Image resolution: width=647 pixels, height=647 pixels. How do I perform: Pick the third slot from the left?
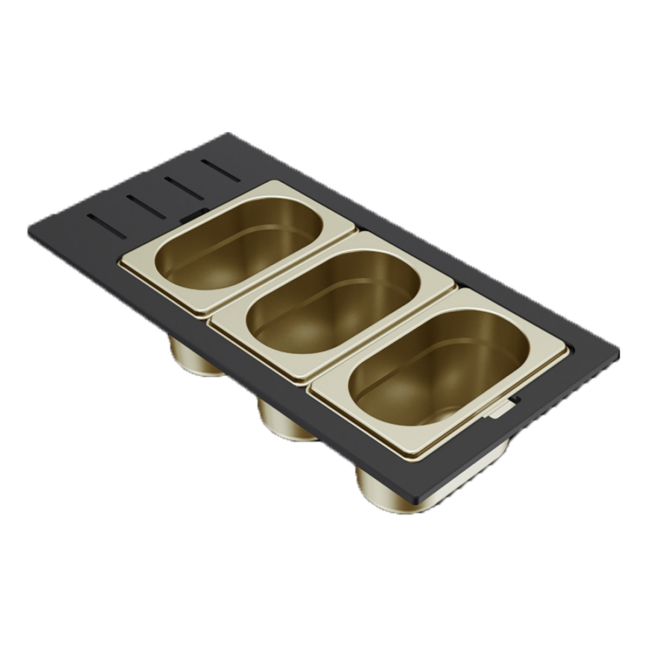click(x=183, y=184)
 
